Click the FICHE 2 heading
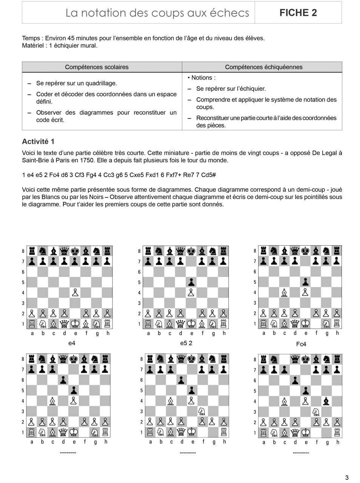[x=298, y=13]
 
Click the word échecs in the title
[x=231, y=13]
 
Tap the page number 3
[x=347, y=478]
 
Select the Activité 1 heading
[x=38, y=142]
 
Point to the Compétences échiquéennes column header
[x=264, y=67]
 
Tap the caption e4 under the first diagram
[x=72, y=343]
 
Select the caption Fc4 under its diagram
[x=301, y=344]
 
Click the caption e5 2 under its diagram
[x=186, y=343]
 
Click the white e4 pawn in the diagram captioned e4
[x=75, y=292]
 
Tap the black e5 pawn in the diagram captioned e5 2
[x=191, y=282]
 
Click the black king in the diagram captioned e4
[x=75, y=251]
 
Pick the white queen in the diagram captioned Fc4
[x=295, y=323]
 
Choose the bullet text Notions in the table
[x=203, y=78]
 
